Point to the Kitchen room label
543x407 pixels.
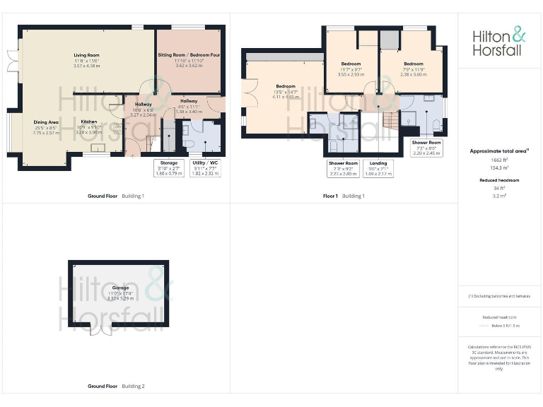(88, 121)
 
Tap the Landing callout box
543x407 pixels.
(378, 168)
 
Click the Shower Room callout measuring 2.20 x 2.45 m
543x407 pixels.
(426, 147)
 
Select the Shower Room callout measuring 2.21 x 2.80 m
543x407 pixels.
(343, 168)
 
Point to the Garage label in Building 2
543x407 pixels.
(120, 288)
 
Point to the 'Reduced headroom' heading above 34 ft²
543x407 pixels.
(499, 180)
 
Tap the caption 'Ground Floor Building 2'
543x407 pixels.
(116, 387)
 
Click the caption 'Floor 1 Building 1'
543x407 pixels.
(344, 196)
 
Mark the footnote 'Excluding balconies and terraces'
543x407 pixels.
(499, 296)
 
